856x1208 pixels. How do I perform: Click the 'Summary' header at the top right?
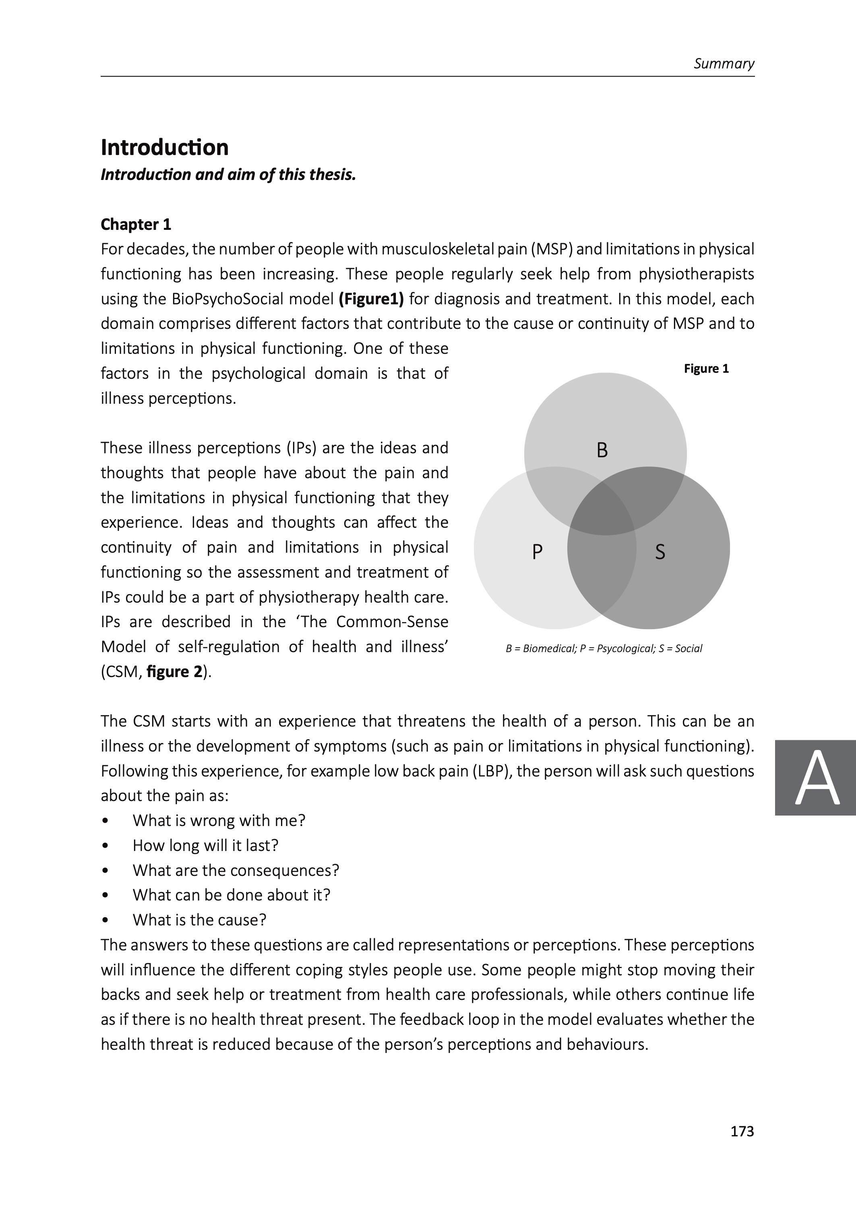pos(724,64)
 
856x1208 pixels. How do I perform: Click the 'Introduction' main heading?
pos(164,147)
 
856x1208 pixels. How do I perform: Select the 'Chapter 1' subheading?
pos(136,225)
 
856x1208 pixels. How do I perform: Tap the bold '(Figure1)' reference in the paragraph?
pos(371,299)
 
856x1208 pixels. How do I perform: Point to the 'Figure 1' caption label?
pos(706,369)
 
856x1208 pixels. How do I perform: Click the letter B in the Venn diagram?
pos(602,450)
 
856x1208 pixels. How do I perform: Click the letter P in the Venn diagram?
pos(537,551)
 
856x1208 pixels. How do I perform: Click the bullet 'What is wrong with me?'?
pos(219,821)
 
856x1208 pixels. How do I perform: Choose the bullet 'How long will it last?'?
pos(205,846)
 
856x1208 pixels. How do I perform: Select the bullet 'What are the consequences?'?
pos(236,870)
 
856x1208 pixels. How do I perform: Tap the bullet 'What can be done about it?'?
pos(232,895)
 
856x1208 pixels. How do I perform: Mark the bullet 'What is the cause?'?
pos(199,920)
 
